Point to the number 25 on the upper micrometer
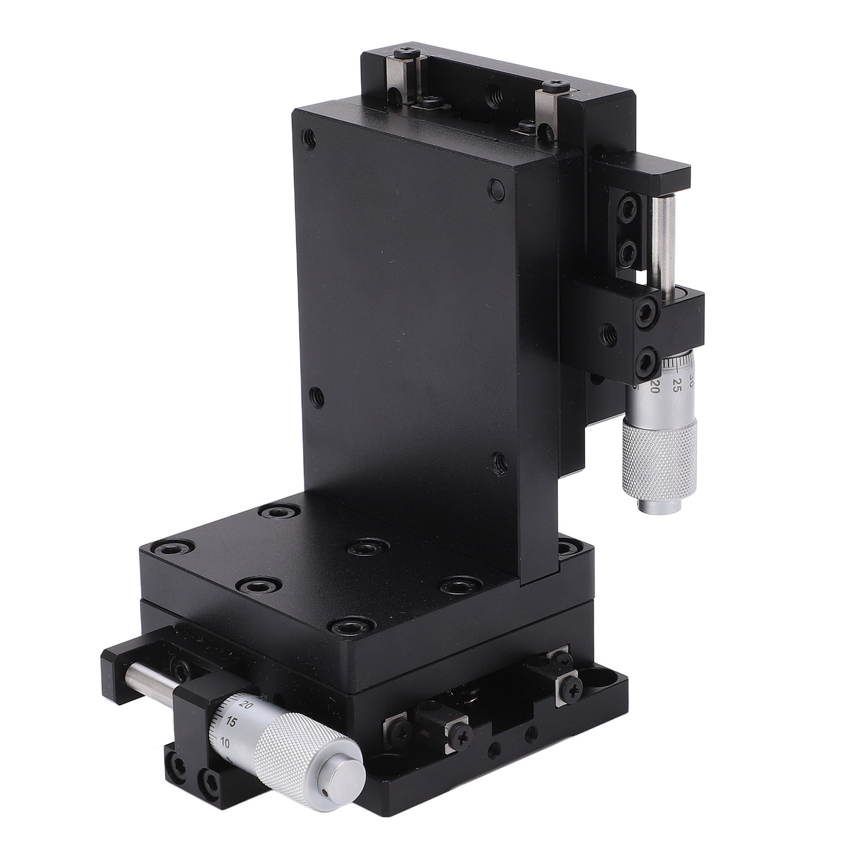677,383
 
